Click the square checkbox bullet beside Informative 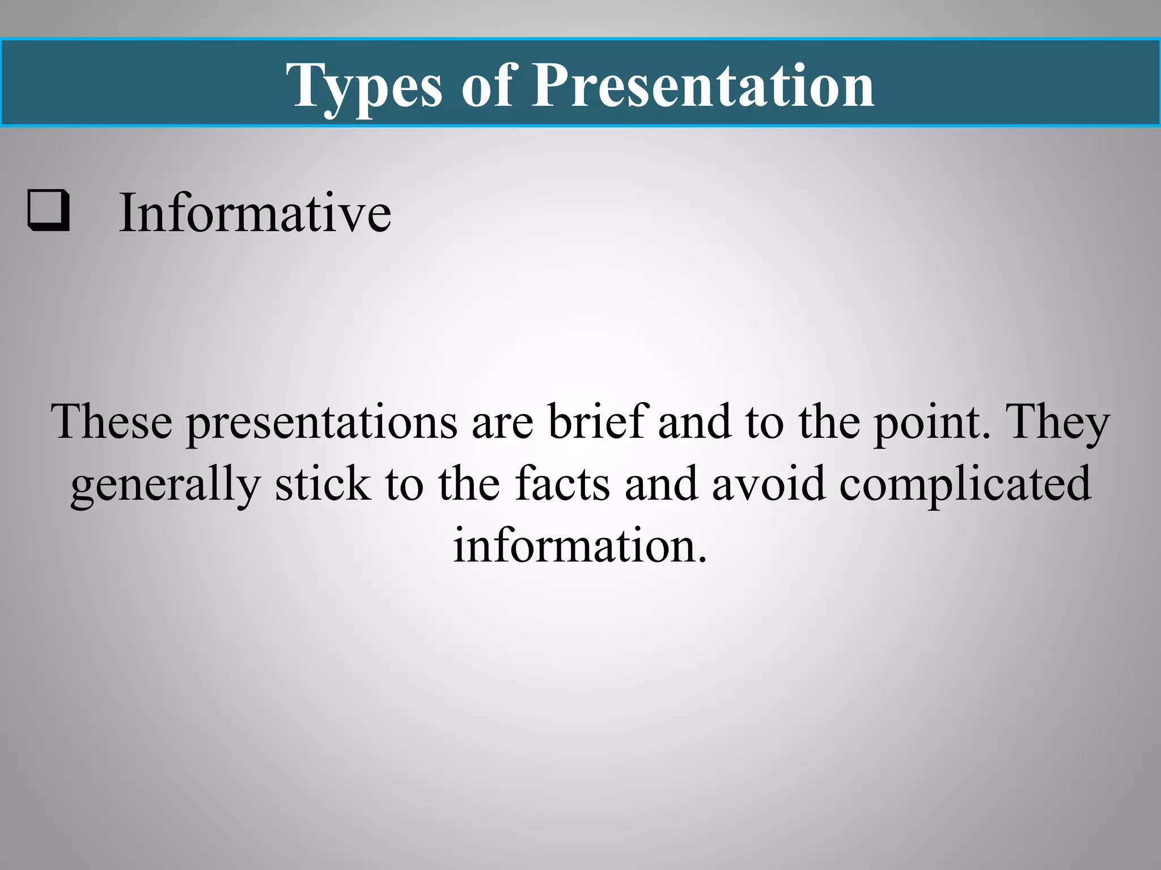point(49,211)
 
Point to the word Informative point(255,212)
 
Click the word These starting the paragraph point(112,422)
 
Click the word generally point(165,485)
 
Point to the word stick point(323,484)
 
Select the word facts point(563,484)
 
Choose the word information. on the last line point(580,545)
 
